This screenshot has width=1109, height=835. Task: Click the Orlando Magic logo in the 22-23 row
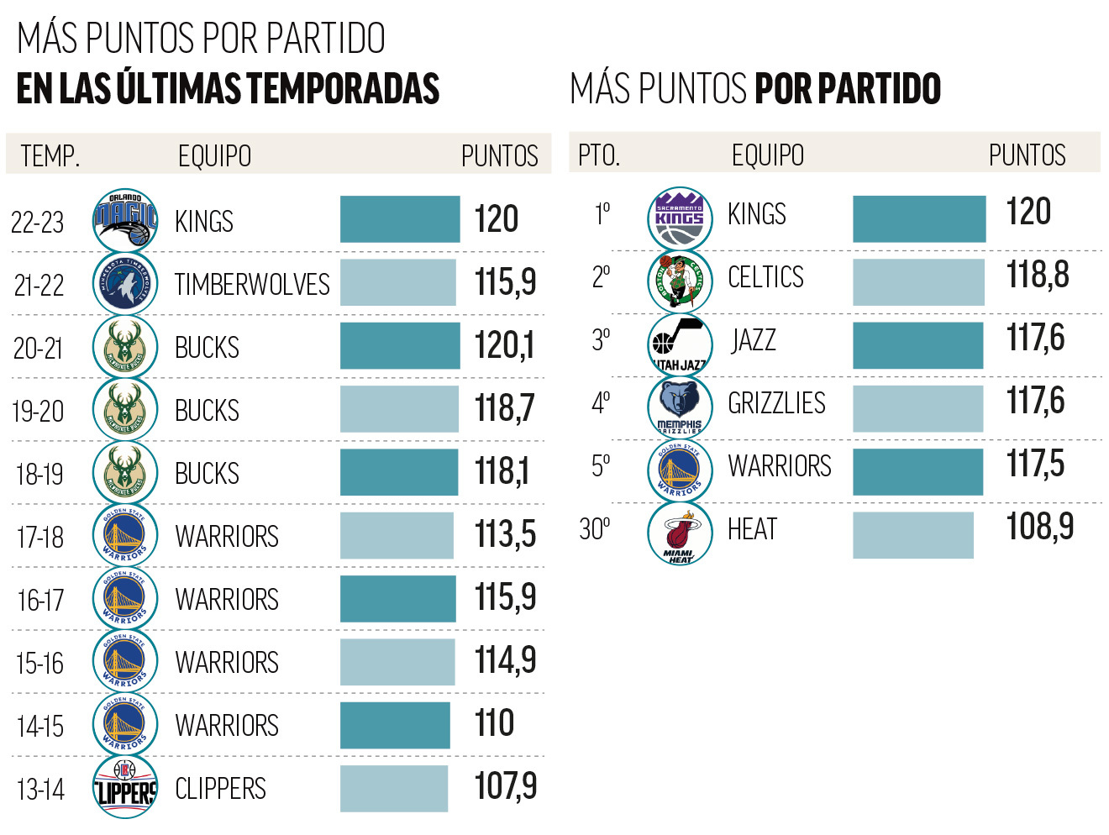125,220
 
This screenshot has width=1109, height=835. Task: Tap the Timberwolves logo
125,284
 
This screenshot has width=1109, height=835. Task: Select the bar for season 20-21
400,345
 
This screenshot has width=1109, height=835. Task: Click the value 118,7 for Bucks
504,408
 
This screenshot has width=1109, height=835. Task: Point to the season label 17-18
39,537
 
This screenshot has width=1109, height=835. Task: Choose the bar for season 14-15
395,725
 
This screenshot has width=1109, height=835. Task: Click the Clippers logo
125,787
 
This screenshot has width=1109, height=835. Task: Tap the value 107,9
505,786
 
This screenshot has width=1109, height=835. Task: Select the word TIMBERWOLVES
252,285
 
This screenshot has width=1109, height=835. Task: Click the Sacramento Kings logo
680,218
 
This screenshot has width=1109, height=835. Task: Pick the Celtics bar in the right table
918,282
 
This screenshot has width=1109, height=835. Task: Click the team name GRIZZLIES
776,403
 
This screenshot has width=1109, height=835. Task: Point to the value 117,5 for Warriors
1035,464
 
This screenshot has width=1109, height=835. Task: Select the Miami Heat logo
680,533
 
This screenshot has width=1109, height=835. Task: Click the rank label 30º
595,529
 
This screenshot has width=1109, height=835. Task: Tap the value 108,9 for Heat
1039,527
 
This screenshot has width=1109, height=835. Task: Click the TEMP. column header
50,156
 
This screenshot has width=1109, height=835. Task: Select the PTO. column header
598,155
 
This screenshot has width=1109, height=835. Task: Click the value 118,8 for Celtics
1037,275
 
